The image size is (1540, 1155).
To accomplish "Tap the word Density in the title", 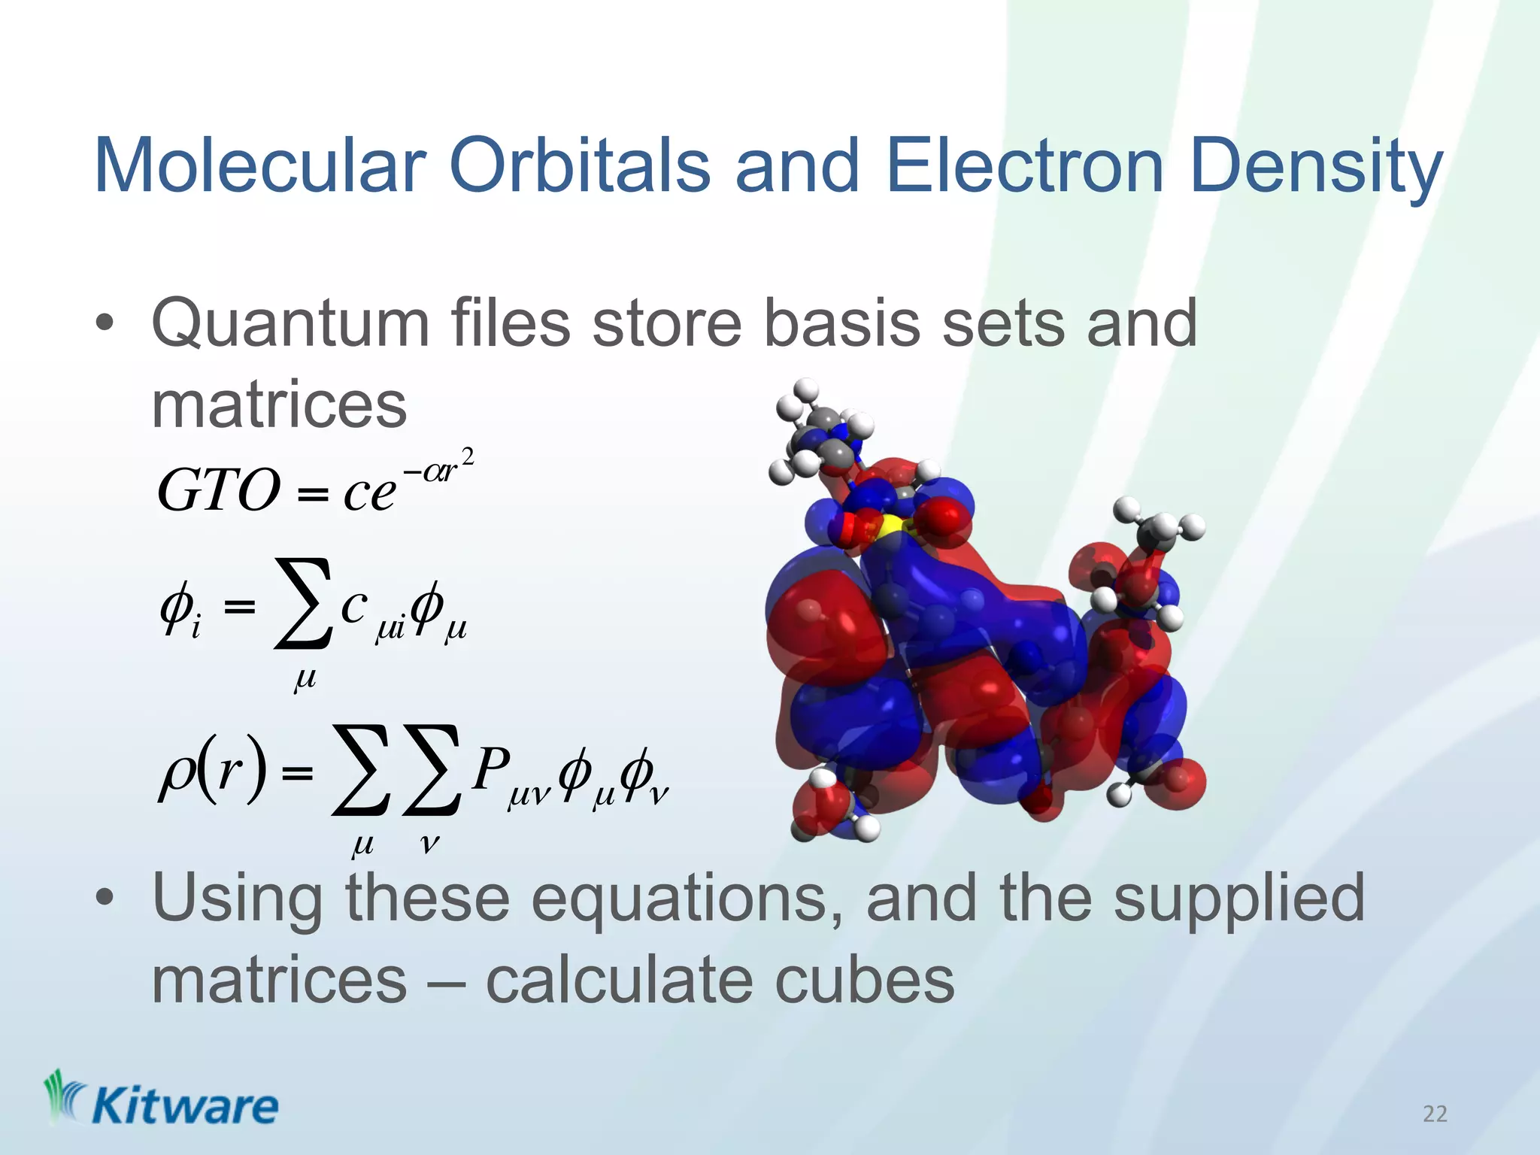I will pos(1316,167).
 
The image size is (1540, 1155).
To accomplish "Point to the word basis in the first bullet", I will pos(842,323).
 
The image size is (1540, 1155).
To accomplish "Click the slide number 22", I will pos(1435,1114).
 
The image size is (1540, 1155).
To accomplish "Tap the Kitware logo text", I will pos(184,1107).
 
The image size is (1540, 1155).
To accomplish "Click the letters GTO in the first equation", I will pos(218,490).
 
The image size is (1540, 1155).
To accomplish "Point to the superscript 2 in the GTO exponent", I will pos(468,456).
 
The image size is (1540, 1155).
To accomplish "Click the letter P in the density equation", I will pos(492,768).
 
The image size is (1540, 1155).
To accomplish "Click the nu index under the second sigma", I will pos(429,844).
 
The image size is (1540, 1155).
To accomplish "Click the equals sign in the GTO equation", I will pos(313,494).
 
